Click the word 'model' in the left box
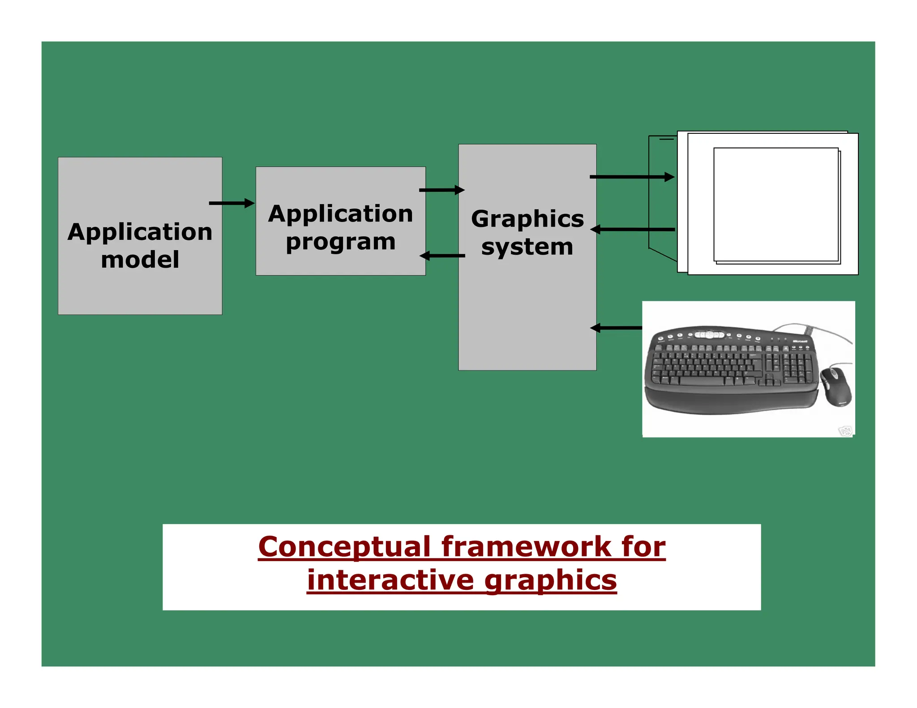140,260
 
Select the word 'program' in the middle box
340,242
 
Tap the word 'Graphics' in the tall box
527,219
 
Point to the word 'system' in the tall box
527,247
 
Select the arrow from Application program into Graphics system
441,190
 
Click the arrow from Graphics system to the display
632,177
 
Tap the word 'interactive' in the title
390,580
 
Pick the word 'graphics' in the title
550,581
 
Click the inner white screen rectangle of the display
776,204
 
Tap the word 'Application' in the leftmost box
140,232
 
